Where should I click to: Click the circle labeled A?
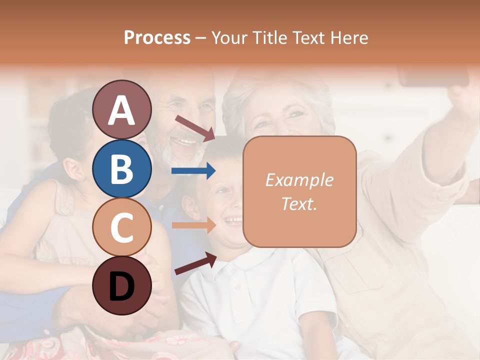click(121, 109)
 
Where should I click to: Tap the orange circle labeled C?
click(121, 227)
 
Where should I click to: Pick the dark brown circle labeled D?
click(121, 285)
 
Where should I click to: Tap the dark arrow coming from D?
click(195, 263)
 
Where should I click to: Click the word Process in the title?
click(157, 37)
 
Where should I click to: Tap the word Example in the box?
click(299, 180)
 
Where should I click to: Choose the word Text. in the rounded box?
click(299, 203)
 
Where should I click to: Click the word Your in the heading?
click(231, 37)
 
